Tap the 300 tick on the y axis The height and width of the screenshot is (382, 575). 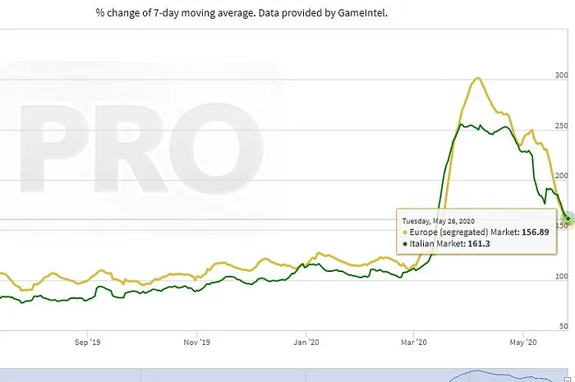[x=562, y=76]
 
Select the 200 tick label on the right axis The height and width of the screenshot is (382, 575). [x=562, y=176]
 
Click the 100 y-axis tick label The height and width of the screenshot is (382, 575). [x=562, y=276]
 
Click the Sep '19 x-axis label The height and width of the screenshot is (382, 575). [x=86, y=341]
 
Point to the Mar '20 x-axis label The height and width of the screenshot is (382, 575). [x=415, y=341]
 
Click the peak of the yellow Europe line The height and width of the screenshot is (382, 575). [x=476, y=79]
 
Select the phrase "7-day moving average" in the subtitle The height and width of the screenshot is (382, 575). [x=188, y=14]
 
